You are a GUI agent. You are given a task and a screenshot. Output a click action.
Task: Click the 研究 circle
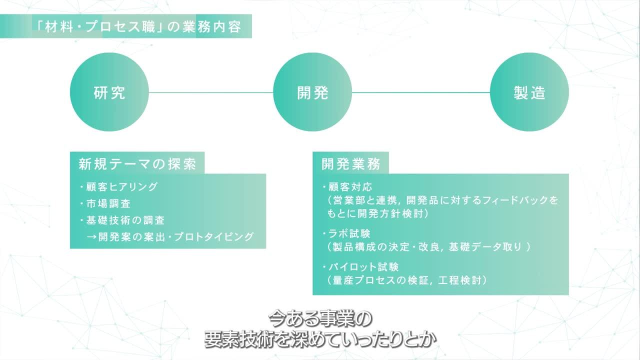click(x=109, y=92)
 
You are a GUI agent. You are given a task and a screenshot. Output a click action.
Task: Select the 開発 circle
click(x=312, y=92)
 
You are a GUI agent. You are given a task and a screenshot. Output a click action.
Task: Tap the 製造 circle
click(x=529, y=92)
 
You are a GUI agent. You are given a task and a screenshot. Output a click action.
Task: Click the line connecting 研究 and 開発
click(x=211, y=92)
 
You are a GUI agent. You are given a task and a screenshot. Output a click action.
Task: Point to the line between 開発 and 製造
click(x=421, y=92)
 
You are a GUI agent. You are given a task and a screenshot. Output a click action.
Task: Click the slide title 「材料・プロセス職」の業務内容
click(x=136, y=26)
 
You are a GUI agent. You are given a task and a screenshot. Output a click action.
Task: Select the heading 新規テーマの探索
click(x=137, y=164)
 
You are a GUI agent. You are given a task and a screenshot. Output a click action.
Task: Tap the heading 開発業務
click(x=351, y=164)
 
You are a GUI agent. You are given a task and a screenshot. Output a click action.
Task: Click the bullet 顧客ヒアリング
click(x=121, y=187)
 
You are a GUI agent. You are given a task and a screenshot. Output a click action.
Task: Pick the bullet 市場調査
click(x=108, y=203)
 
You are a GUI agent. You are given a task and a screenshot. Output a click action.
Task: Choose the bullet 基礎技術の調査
click(x=125, y=220)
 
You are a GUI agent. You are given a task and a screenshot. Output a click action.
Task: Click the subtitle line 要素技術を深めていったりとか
click(x=320, y=340)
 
